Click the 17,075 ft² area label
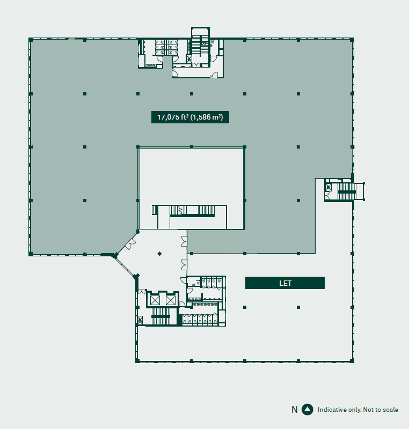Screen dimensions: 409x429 (190, 117)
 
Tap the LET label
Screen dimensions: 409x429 (285, 283)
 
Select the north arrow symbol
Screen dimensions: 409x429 (308, 409)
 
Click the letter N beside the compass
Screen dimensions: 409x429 (295, 410)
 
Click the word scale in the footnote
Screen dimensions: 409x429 (390, 410)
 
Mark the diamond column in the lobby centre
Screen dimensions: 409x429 (159, 254)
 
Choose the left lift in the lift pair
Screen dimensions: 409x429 (155, 300)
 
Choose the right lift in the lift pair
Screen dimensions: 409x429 (170, 300)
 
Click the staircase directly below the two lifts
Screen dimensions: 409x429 (160, 316)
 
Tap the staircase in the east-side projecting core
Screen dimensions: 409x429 (347, 191)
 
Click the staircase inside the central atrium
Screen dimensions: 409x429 (192, 211)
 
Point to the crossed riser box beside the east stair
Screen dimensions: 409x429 (328, 187)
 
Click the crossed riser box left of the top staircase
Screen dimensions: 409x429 (189, 58)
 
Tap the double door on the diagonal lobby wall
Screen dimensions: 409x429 (130, 244)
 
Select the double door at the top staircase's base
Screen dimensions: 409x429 (196, 64)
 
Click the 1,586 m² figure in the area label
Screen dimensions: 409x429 (207, 117)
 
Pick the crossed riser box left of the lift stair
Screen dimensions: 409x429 (140, 320)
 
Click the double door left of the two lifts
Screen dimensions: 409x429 (142, 291)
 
